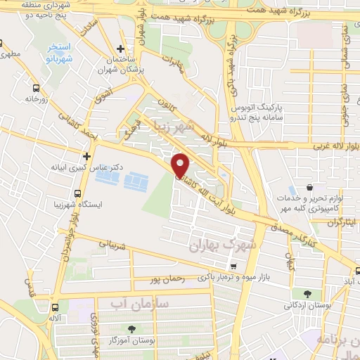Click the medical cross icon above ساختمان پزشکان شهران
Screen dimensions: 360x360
(x=122, y=49)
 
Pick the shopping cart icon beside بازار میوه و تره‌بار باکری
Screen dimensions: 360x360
(x=233, y=266)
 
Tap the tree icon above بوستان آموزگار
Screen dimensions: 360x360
(x=132, y=328)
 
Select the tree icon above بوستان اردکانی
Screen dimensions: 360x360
(x=306, y=295)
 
